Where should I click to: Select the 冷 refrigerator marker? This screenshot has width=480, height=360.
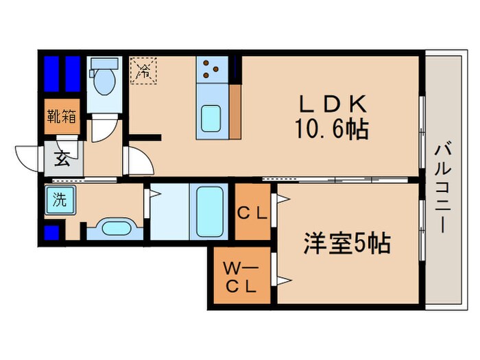[x=145, y=69]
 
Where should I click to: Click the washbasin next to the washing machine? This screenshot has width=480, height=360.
[x=115, y=227]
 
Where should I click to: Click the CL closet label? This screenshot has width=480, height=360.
[x=252, y=213]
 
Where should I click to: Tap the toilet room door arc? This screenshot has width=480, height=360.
[x=104, y=128]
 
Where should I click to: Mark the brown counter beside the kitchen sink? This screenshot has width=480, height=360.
[x=235, y=110]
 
